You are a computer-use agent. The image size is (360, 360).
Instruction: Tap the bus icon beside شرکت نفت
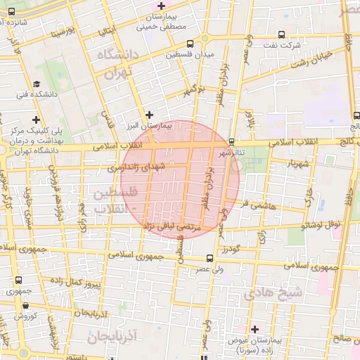(282, 34)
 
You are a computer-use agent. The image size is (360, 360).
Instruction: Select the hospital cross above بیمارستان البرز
(148, 114)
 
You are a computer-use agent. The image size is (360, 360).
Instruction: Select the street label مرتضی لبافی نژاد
(172, 227)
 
